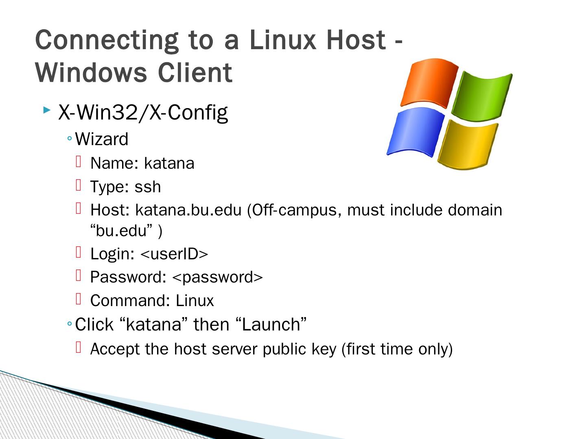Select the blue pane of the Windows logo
415,132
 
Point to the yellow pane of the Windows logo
468,144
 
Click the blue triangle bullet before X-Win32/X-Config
47,110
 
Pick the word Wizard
102,139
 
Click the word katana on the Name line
169,163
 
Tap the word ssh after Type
148,187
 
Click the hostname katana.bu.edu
188,210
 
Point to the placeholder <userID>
174,254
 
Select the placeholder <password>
218,277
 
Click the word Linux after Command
195,301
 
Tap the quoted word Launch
271,324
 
